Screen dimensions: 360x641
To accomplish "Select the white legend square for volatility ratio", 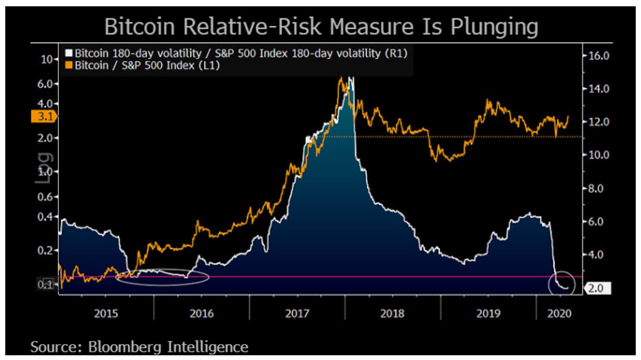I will click(68, 54).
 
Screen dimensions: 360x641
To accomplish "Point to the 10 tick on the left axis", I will click(46, 60).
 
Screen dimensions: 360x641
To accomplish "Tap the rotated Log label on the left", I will click(43, 168).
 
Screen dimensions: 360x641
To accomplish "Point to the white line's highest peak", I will click(351, 78).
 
